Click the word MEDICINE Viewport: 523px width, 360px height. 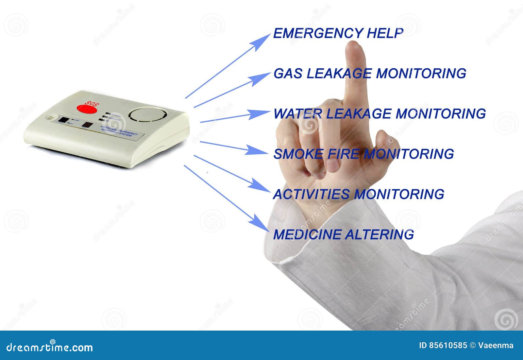[307, 234]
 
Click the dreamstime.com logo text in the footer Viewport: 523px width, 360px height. [50, 347]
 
